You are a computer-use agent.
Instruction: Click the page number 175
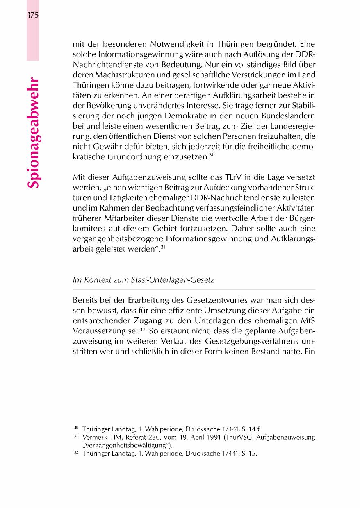click(32, 16)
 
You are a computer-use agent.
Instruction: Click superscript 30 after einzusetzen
click(212, 155)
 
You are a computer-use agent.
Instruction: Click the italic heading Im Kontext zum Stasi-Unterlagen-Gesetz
click(144, 280)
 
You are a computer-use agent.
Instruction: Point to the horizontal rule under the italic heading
click(194, 289)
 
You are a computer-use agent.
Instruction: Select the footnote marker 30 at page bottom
click(76, 428)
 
